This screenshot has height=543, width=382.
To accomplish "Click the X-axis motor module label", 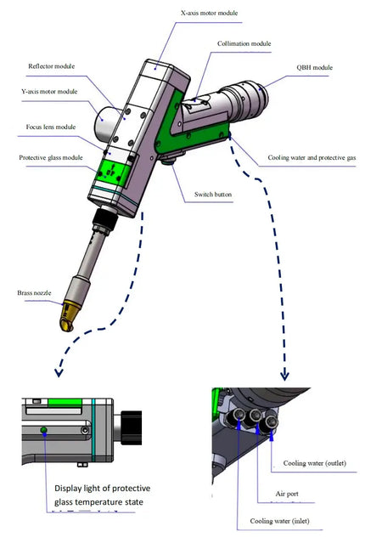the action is point(210,13).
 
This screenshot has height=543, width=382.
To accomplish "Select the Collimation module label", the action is point(244,43).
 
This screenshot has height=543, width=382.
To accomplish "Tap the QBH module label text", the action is point(315,67).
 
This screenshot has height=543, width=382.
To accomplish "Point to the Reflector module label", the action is point(52,66).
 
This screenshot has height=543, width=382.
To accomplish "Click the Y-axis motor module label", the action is point(49,92).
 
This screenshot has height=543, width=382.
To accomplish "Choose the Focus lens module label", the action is point(51,127).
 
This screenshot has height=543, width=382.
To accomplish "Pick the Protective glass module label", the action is point(51,158).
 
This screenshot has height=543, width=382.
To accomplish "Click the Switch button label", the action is point(213,195).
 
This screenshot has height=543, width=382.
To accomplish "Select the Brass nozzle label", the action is point(34,293).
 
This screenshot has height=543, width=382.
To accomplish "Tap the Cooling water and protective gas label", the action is point(312,158).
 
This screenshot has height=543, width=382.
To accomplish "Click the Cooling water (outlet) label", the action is point(315,463).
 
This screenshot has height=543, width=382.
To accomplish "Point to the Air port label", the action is point(287,494).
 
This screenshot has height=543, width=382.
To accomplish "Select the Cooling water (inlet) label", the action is point(279,521).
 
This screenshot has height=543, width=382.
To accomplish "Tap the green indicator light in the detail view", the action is point(43,430).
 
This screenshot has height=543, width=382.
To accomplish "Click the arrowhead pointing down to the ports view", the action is point(284,376).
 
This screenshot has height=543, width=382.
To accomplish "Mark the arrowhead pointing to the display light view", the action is point(59,372).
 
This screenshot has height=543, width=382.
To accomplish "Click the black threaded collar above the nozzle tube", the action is point(105,218).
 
